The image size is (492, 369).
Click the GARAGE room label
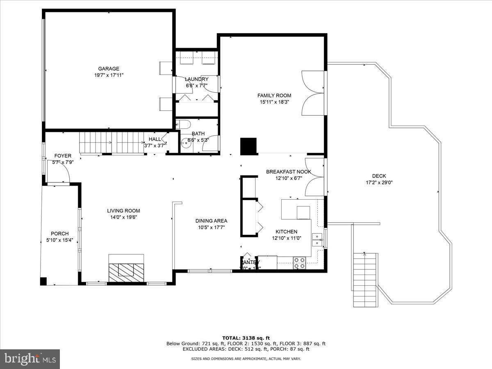(x=109, y=68)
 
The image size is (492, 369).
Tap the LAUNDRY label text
(x=196, y=79)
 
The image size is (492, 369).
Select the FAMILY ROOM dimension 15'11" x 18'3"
(x=274, y=102)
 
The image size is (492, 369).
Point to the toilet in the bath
(x=183, y=125)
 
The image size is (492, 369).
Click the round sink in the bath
(x=183, y=143)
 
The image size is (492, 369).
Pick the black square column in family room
(x=248, y=146)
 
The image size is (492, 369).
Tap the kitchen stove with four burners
(x=299, y=262)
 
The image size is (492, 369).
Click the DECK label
(x=379, y=176)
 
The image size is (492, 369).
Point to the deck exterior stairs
(x=365, y=280)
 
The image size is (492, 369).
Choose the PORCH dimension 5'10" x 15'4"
(x=59, y=240)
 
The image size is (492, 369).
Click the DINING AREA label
(x=211, y=221)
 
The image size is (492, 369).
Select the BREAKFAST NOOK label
(x=288, y=172)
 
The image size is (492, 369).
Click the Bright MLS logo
(x=30, y=359)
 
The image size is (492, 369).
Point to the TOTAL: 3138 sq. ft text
(x=246, y=338)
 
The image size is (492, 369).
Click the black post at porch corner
(x=43, y=281)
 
